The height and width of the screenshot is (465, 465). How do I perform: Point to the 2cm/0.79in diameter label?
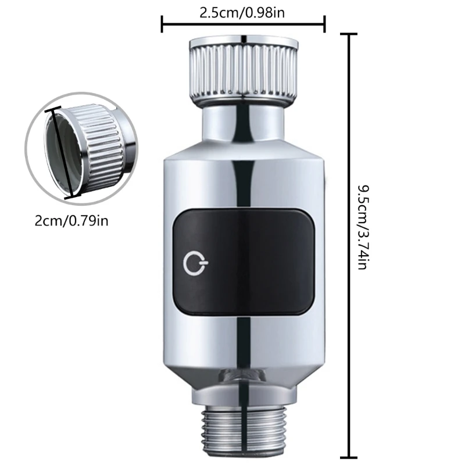pyautogui.click(x=71, y=220)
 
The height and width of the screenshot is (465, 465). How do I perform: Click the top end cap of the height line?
pyautogui.click(x=349, y=34)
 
